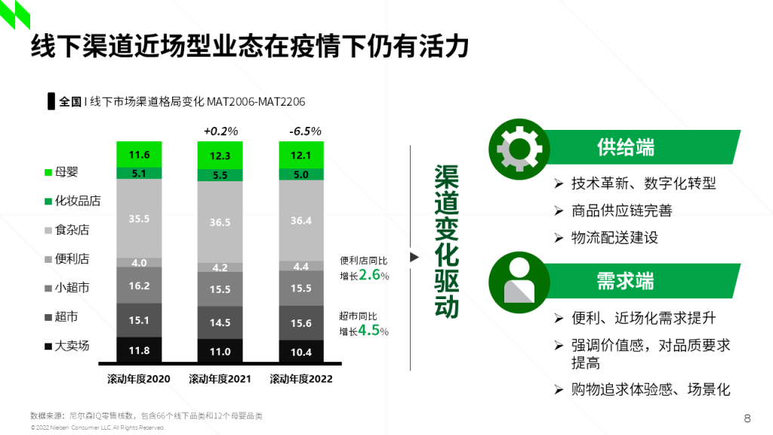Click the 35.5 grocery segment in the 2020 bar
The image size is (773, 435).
coord(139,218)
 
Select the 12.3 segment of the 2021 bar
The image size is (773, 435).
coord(220,156)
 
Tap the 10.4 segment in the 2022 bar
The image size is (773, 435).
coord(301,351)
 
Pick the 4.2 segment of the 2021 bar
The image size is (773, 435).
coord(220,267)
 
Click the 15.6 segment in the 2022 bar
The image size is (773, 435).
coord(301,322)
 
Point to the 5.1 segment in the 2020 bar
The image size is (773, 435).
coord(139,173)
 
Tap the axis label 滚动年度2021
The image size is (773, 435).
coord(220,378)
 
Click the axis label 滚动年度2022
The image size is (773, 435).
coord(301,378)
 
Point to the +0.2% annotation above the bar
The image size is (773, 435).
coord(220,131)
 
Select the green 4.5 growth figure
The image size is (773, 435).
coord(368,331)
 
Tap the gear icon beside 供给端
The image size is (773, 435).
coord(518,147)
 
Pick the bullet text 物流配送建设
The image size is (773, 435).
coord(615,237)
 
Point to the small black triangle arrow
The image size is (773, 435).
coord(414,257)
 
